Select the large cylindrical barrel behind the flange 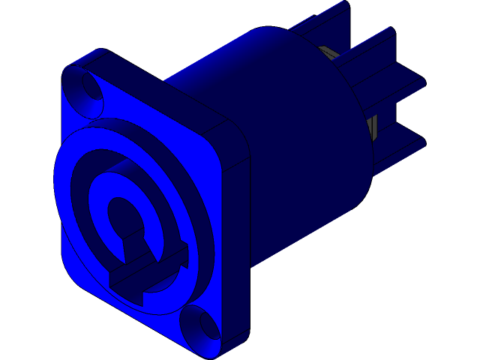pos(300,135)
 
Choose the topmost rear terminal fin pos(322,22)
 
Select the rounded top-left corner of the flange pos(71,67)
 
